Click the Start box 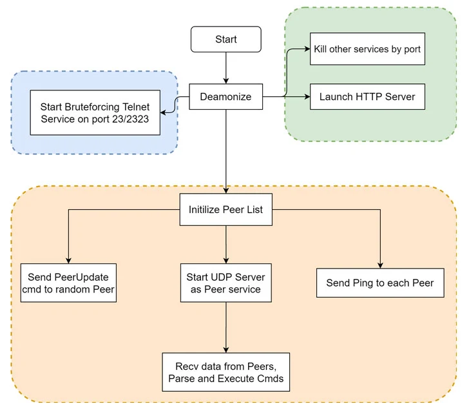(225, 39)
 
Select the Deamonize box (225, 97)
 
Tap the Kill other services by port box (367, 49)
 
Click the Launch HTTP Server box (367, 97)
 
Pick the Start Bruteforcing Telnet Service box (95, 112)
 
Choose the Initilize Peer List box (225, 210)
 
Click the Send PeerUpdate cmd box (68, 283)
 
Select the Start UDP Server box (225, 283)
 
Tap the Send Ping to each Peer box (380, 283)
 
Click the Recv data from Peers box (225, 372)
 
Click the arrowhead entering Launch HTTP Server (307, 97)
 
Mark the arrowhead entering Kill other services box (307, 49)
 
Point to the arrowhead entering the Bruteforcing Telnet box (164, 112)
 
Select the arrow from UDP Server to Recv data (225, 327)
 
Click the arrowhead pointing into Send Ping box (380, 265)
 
